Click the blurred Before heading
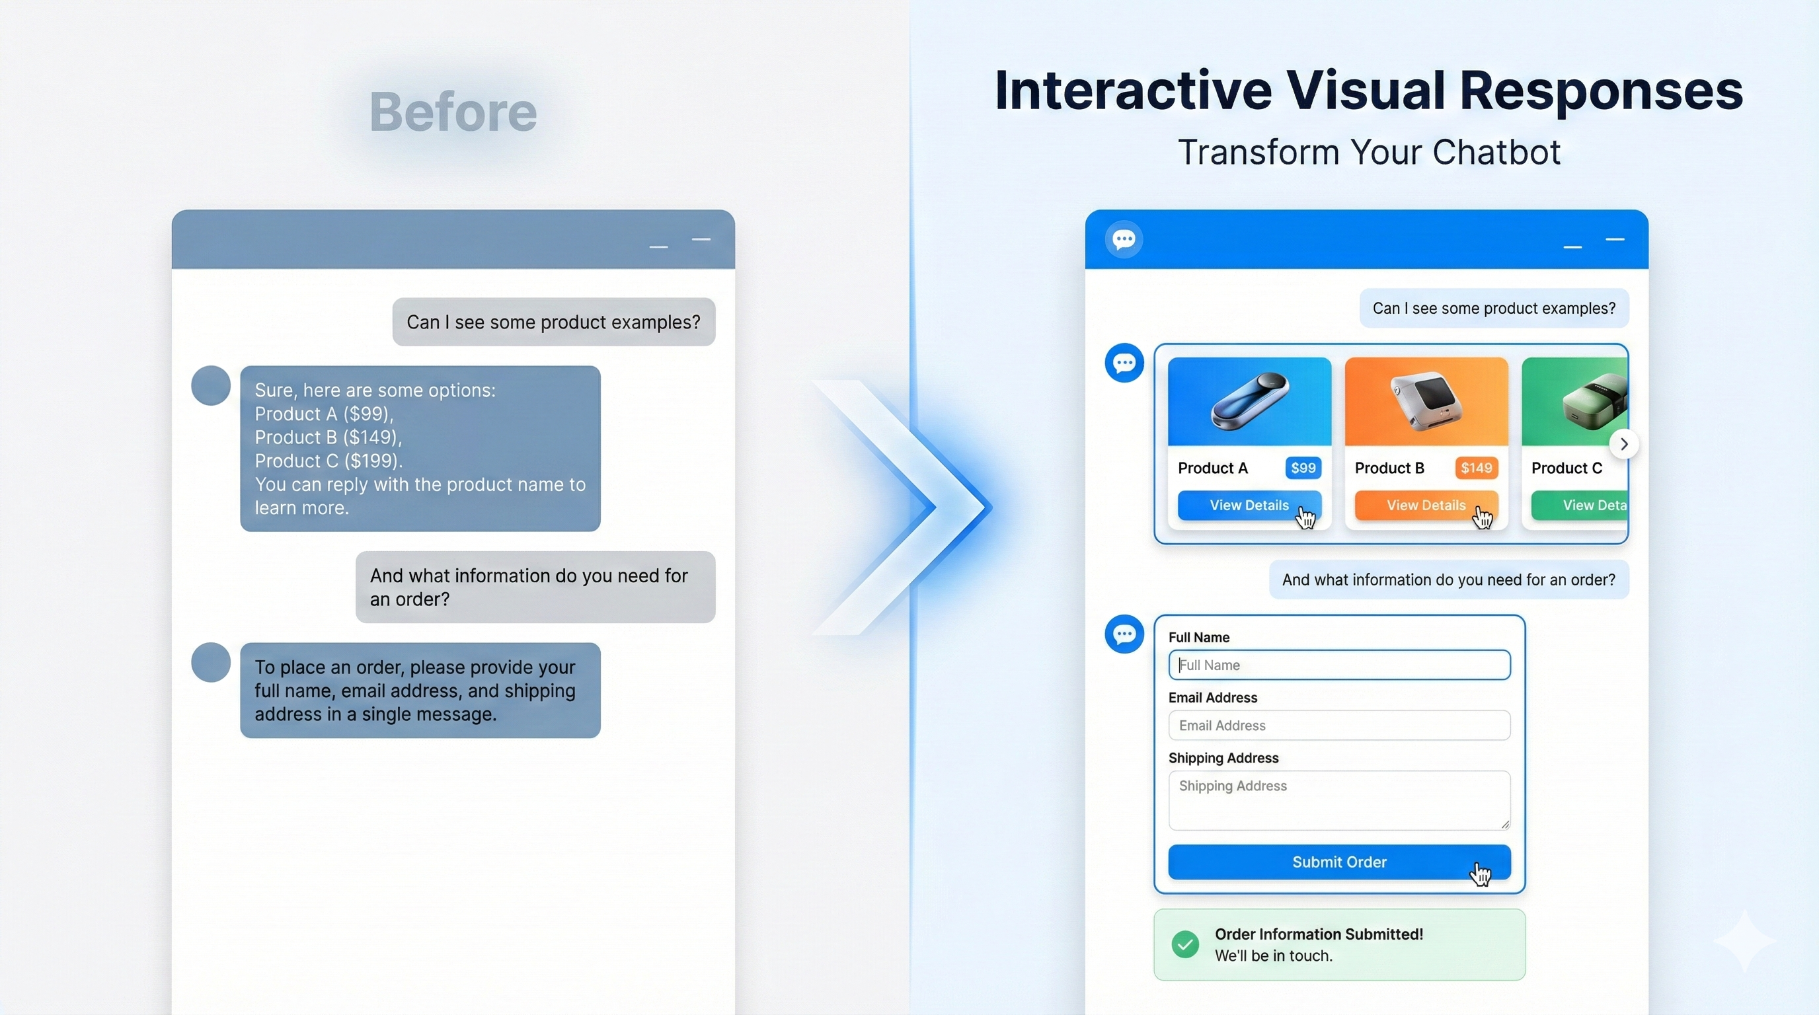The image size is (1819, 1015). pyautogui.click(x=453, y=112)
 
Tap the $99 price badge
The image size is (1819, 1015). pyautogui.click(x=1303, y=468)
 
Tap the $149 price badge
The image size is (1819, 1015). pyautogui.click(x=1476, y=468)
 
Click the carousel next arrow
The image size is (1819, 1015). pyautogui.click(x=1624, y=444)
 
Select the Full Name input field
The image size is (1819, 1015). pyautogui.click(x=1339, y=665)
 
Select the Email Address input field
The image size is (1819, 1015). pyautogui.click(x=1339, y=726)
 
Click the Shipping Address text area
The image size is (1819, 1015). pyautogui.click(x=1339, y=800)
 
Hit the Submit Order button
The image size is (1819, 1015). pyautogui.click(x=1339, y=862)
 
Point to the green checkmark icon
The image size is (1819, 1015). pyautogui.click(x=1185, y=944)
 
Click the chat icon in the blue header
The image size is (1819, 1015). pyautogui.click(x=1124, y=239)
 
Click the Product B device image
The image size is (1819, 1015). pyautogui.click(x=1426, y=402)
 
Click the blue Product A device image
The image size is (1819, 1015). pyautogui.click(x=1249, y=402)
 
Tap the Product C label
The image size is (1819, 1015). pyautogui.click(x=1567, y=468)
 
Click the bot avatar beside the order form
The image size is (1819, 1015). pyautogui.click(x=1124, y=634)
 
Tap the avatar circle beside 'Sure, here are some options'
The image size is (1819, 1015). pyautogui.click(x=210, y=385)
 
